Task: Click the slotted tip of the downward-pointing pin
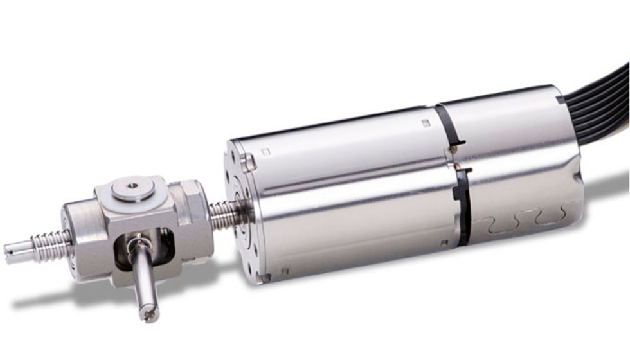coord(151,314)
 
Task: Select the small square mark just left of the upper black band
coord(426,122)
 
